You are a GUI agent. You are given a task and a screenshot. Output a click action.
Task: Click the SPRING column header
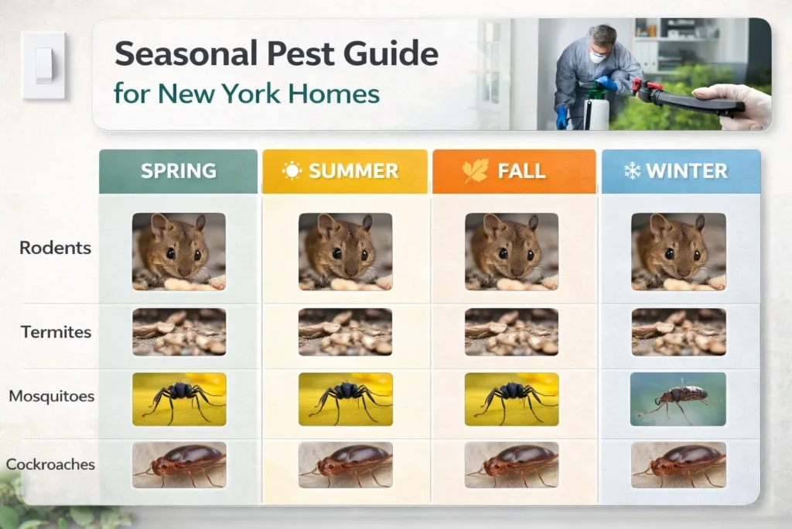(179, 171)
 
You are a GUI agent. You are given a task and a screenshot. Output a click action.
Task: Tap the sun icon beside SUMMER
(292, 170)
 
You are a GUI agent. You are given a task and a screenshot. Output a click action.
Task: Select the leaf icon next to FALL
(476, 170)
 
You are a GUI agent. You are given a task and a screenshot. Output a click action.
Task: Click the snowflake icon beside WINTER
(632, 171)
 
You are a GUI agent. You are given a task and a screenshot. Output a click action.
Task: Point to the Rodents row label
(56, 248)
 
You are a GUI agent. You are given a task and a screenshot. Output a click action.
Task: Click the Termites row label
(56, 331)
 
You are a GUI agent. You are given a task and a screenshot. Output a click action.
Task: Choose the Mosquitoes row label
(52, 396)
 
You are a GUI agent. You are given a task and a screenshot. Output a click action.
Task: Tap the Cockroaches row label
(50, 464)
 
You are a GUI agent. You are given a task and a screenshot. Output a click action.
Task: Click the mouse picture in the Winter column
(678, 252)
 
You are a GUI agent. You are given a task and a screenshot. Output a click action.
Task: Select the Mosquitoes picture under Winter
(678, 399)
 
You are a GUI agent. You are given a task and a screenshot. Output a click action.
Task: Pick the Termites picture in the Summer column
(346, 331)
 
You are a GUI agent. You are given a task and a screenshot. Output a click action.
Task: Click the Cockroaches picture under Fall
(512, 465)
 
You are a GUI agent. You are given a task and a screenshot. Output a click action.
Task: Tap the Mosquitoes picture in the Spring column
(179, 399)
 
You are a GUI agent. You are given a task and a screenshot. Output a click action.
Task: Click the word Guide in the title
(391, 53)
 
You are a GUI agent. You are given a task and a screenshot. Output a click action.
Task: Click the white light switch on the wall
(43, 65)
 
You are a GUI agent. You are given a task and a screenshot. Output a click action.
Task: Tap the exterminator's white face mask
(598, 57)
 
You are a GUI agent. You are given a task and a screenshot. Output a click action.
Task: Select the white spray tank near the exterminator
(596, 112)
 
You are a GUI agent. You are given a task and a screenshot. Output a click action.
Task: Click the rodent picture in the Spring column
(179, 252)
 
